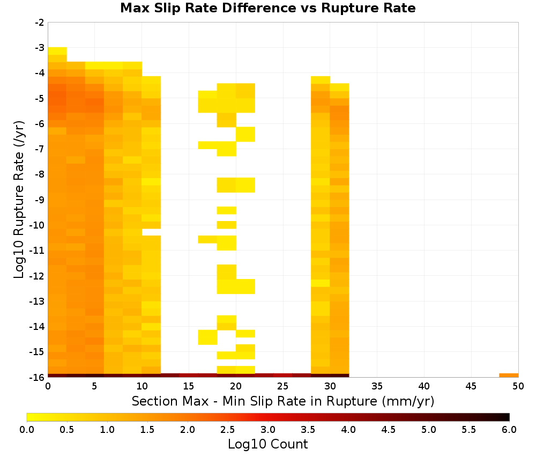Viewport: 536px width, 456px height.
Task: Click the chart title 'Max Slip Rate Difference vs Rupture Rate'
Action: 267,8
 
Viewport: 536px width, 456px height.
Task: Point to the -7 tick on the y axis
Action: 40,149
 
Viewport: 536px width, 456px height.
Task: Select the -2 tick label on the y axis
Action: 40,23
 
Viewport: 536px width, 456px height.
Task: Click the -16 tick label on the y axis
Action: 38,377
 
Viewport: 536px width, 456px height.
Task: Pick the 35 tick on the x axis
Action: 377,387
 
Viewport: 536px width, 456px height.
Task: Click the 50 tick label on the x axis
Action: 518,387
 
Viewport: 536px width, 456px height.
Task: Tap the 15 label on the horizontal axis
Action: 189,387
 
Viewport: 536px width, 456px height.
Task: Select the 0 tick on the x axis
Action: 48,387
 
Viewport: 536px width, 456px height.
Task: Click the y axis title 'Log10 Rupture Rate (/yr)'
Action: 19,200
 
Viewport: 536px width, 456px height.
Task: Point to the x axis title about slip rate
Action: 283,401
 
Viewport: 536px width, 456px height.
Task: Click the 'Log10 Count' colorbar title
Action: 267,444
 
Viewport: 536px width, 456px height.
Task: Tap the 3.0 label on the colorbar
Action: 268,430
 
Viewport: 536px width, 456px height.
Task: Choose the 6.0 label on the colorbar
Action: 509,430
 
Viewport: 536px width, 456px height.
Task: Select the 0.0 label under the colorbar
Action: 27,430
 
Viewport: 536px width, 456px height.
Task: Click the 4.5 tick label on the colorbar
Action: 389,430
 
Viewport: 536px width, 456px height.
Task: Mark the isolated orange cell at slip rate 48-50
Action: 509,376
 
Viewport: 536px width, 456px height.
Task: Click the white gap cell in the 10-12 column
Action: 152,232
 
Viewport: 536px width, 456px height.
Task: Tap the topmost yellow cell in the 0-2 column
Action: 57,51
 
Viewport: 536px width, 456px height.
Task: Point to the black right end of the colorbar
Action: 507,417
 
